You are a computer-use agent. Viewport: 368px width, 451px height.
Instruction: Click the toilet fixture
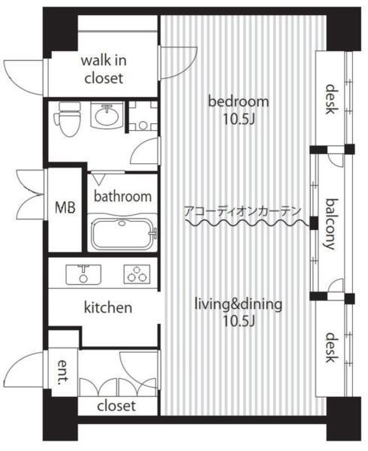(x=68, y=119)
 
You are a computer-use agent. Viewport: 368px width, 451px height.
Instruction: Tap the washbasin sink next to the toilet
(x=107, y=115)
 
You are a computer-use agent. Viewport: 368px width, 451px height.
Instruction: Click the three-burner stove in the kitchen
(x=137, y=274)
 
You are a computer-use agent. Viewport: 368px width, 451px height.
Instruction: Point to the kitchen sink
(x=83, y=274)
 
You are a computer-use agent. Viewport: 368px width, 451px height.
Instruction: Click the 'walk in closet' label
(x=104, y=69)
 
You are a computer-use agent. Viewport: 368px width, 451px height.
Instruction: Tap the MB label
(x=65, y=207)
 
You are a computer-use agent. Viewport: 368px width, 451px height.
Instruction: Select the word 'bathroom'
(x=122, y=196)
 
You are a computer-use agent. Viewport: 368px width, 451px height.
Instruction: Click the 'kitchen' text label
(x=108, y=307)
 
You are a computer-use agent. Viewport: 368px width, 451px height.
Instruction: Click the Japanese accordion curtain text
(x=242, y=211)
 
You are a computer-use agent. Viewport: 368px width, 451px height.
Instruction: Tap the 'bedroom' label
(x=238, y=101)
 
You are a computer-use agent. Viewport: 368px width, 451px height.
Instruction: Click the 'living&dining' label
(x=238, y=304)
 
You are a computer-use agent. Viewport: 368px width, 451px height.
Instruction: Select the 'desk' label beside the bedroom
(x=331, y=99)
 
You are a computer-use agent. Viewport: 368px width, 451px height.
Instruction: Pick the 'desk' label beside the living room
(x=331, y=347)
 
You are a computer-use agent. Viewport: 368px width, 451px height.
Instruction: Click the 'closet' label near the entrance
(x=116, y=406)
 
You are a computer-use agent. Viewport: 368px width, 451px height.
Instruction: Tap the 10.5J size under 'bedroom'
(x=239, y=120)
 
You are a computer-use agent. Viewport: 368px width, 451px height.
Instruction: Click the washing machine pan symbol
(x=143, y=116)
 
